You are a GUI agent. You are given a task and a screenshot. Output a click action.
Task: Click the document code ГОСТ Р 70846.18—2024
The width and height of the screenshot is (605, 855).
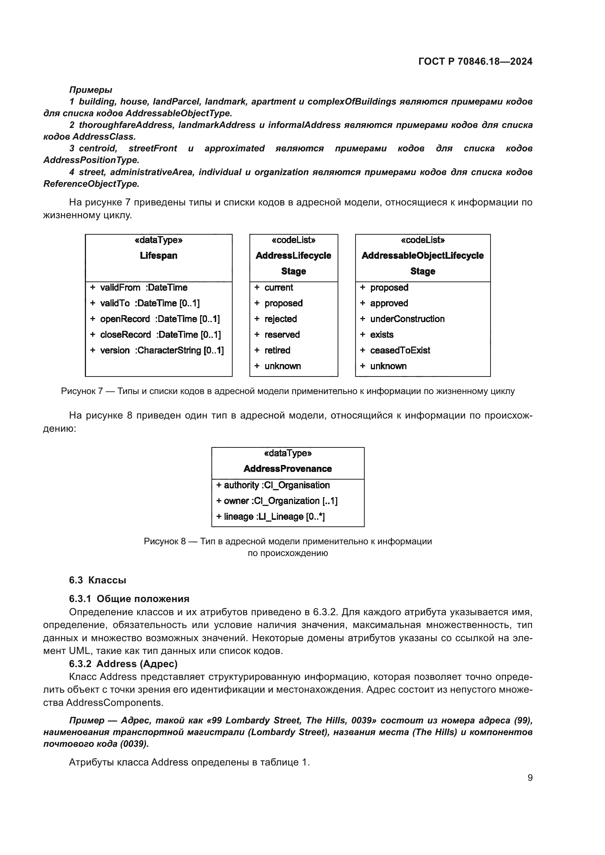pyautogui.click(x=476, y=61)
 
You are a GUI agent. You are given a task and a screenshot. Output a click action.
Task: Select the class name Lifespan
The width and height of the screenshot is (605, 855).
pyautogui.click(x=158, y=256)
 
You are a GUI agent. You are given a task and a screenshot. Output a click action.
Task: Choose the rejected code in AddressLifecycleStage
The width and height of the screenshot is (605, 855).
pyautogui.click(x=280, y=319)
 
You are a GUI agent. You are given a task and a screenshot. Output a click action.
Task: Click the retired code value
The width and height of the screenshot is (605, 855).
pyautogui.click(x=277, y=351)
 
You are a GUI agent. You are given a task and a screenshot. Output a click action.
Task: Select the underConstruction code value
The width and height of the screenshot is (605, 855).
pyautogui.click(x=407, y=319)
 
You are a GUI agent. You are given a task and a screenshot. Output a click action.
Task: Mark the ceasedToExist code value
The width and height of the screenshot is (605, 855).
pyautogui.click(x=400, y=351)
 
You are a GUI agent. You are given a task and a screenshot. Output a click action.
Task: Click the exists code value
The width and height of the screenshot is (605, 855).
pyautogui.click(x=382, y=335)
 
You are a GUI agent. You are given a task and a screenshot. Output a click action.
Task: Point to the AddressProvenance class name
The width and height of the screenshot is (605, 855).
pyautogui.click(x=288, y=469)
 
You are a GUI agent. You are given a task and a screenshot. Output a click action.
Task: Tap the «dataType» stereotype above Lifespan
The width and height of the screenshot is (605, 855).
pyautogui.click(x=158, y=240)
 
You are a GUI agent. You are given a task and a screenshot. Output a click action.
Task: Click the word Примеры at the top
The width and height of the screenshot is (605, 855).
pyautogui.click(x=90, y=90)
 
